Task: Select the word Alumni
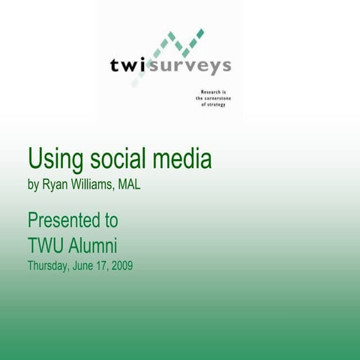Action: tap(94, 245)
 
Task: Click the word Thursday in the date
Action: tap(49, 265)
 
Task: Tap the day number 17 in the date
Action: tap(103, 265)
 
